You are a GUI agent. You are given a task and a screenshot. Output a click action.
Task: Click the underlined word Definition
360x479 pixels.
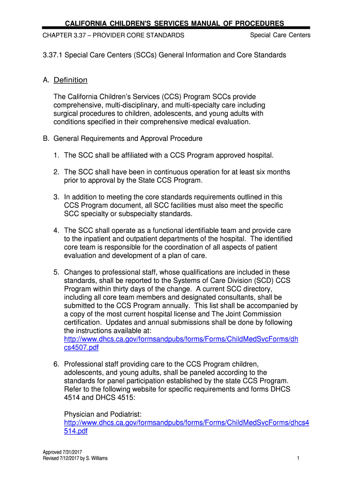(x=70, y=80)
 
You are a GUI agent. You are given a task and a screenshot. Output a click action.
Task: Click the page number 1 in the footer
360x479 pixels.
(x=298, y=458)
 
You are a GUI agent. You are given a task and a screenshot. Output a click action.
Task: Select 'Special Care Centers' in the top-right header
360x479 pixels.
(x=280, y=35)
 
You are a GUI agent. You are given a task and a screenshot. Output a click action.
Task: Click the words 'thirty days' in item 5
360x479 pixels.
(x=130, y=289)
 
